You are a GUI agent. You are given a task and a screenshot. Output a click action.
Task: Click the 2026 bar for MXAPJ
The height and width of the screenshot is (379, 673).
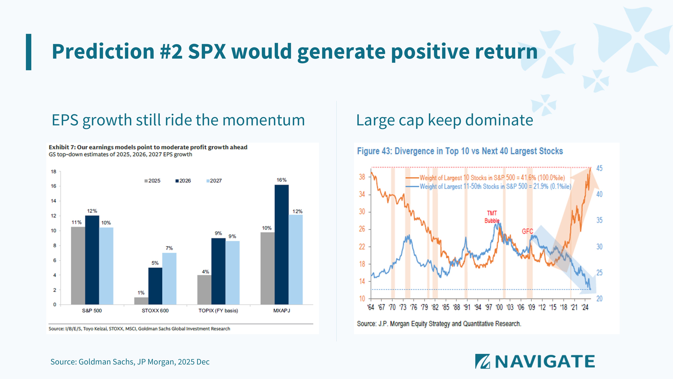click(282, 245)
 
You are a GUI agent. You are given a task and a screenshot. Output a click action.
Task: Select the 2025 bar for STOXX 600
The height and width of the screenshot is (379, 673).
click(141, 301)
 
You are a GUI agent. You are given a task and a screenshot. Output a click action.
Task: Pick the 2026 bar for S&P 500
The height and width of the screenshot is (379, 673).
click(92, 260)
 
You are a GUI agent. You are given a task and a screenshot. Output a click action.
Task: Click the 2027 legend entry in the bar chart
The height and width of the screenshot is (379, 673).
click(214, 181)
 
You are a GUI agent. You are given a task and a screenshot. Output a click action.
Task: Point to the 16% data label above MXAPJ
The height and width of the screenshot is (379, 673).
click(282, 180)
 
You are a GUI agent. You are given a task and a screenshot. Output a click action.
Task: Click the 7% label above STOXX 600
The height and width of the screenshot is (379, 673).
click(169, 248)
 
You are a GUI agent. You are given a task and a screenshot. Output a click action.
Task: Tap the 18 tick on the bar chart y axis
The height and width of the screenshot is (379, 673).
click(54, 172)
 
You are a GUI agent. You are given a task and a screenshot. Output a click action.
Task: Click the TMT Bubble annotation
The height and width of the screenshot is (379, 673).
click(492, 217)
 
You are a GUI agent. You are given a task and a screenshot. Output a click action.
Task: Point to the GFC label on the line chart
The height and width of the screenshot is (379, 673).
click(527, 231)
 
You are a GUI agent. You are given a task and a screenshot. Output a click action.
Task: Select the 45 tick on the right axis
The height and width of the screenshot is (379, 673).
click(599, 168)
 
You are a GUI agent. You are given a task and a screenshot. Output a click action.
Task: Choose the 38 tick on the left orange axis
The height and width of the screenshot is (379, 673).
click(362, 177)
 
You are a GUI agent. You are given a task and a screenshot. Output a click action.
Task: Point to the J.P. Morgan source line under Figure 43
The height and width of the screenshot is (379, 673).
click(439, 324)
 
